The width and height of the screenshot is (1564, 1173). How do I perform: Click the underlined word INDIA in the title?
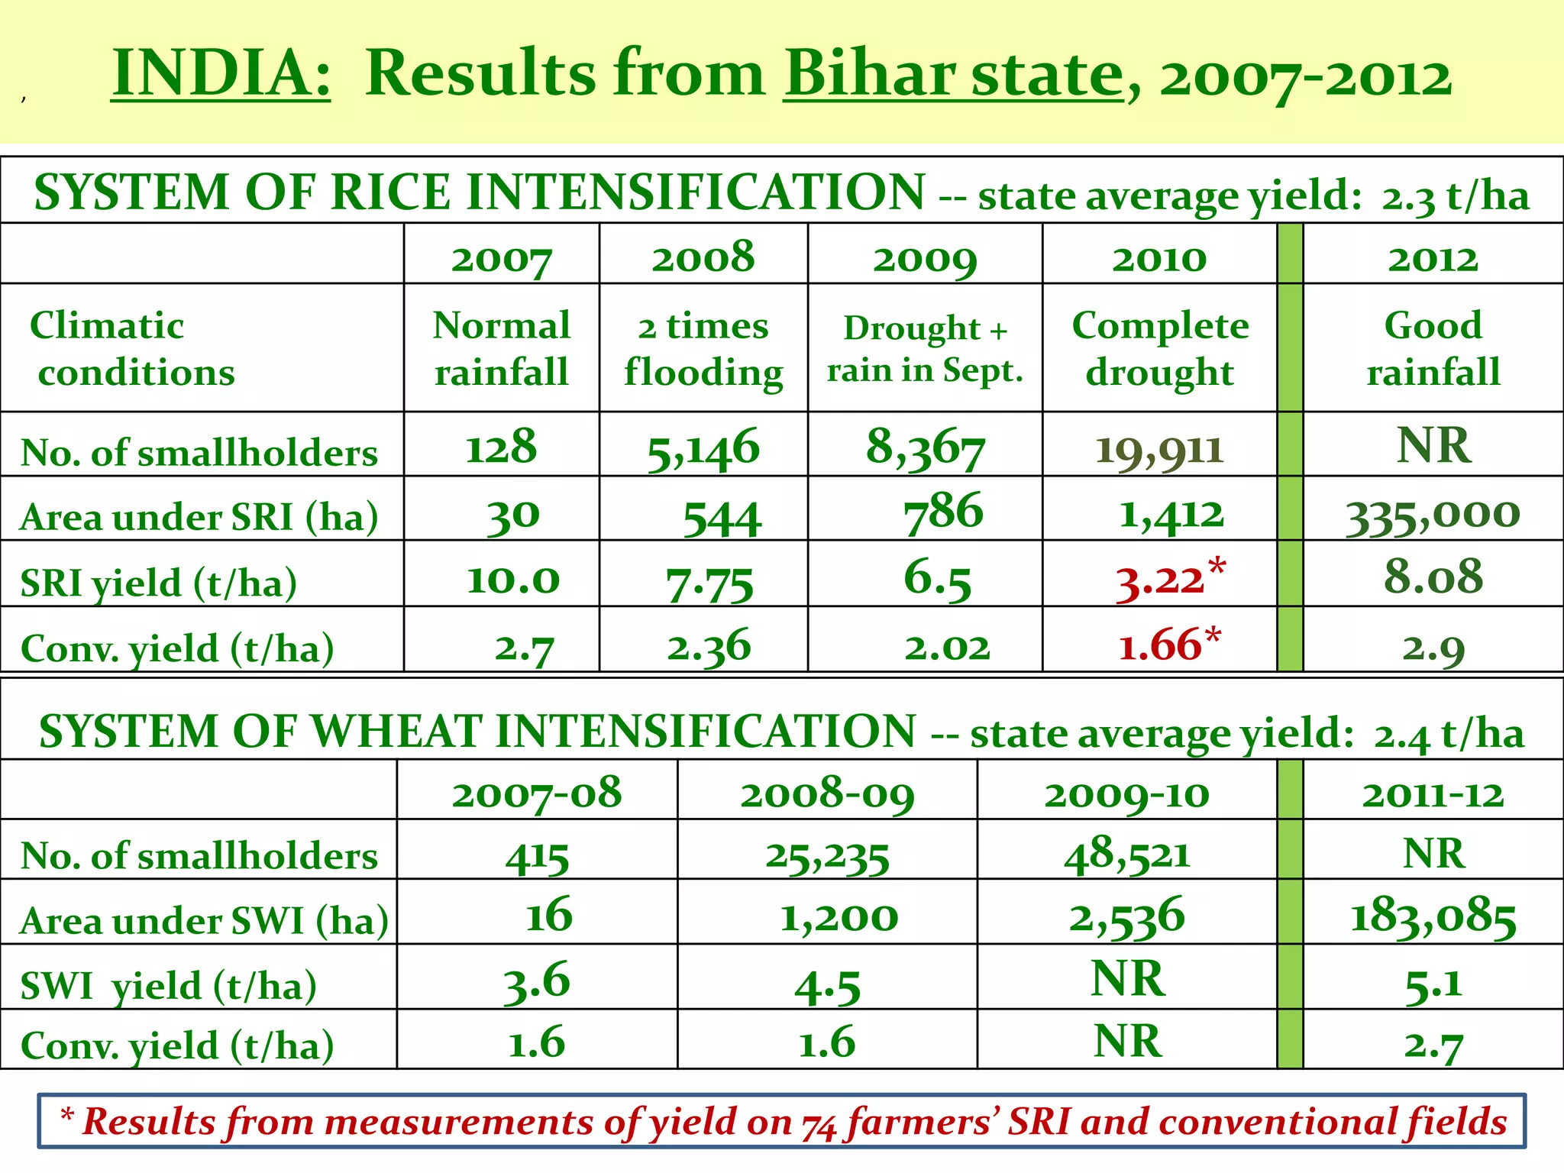[x=221, y=73]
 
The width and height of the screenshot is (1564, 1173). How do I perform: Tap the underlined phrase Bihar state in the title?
[x=953, y=73]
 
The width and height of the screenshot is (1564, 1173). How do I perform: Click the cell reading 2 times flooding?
[x=703, y=349]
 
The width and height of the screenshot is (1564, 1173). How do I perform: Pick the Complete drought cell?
[x=1160, y=349]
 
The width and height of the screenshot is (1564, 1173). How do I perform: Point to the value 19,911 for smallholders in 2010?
[x=1159, y=449]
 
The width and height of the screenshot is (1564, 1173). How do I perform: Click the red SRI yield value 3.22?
[x=1160, y=580]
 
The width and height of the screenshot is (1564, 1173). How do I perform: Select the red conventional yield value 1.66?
[x=1158, y=645]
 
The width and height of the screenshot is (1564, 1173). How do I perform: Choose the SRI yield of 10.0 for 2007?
[x=513, y=580]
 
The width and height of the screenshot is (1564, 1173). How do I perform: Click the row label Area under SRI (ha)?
[x=200, y=517]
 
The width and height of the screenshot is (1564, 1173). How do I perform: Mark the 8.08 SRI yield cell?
[x=1433, y=577]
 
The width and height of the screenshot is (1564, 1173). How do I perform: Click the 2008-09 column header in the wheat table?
[x=827, y=793]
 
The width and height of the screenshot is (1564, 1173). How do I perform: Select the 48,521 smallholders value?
[x=1127, y=854]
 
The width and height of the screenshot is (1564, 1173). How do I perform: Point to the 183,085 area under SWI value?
[x=1433, y=917]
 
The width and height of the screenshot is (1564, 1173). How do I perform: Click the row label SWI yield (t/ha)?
[x=168, y=986]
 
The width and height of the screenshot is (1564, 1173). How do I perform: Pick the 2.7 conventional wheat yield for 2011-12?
[x=1433, y=1045]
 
